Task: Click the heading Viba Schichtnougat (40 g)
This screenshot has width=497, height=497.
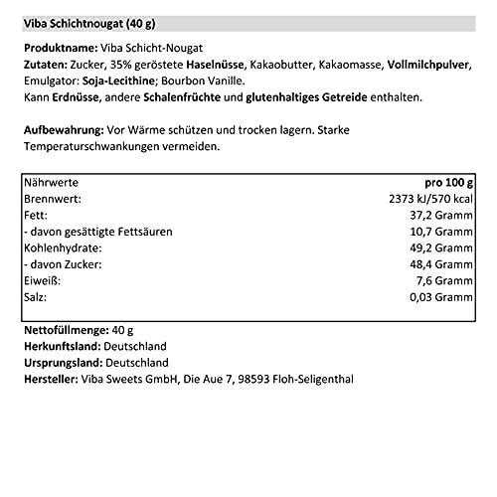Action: (93, 22)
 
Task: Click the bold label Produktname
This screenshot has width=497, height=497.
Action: (55, 48)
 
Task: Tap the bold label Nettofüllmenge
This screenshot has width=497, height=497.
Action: (66, 330)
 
